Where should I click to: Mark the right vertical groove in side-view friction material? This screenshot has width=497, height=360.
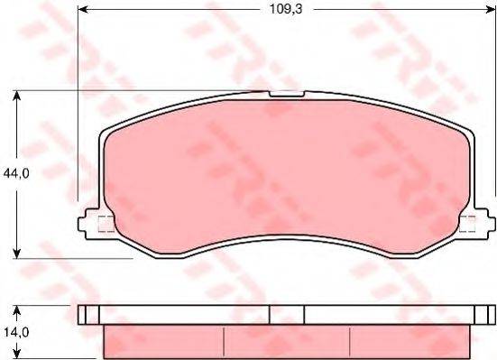click(351, 340)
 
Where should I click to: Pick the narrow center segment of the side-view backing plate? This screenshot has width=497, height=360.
click(287, 315)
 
